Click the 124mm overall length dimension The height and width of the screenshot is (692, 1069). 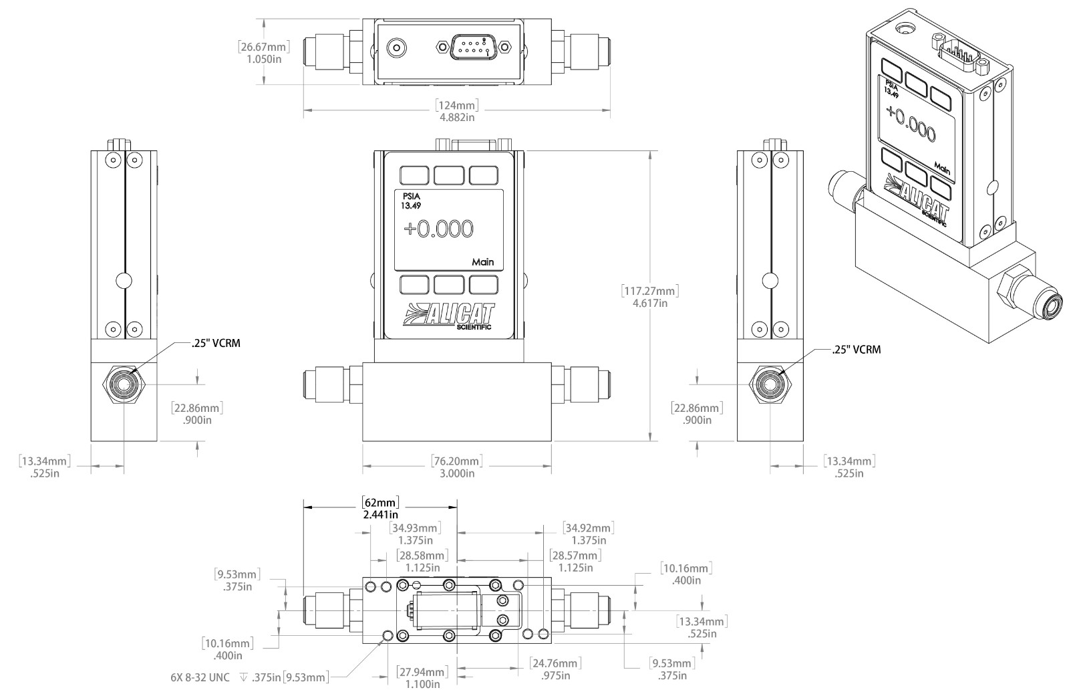[457, 111]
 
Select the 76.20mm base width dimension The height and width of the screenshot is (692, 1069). [457, 467]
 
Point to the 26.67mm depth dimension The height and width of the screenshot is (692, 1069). [264, 53]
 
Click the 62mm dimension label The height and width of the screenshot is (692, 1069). [380, 508]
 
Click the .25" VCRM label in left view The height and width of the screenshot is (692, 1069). [216, 344]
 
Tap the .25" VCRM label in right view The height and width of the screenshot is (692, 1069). [856, 350]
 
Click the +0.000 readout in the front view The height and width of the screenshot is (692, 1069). [438, 229]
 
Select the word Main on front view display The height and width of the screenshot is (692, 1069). [482, 261]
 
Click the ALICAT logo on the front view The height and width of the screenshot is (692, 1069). [448, 316]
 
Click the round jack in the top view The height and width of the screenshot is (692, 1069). [397, 47]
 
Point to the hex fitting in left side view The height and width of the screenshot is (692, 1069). [124, 384]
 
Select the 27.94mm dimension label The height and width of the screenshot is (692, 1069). [422, 678]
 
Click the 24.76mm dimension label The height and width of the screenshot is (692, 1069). [555, 669]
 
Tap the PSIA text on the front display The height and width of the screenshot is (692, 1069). [412, 197]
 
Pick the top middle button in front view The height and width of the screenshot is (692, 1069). [448, 175]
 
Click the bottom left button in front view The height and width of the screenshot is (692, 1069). [414, 285]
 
